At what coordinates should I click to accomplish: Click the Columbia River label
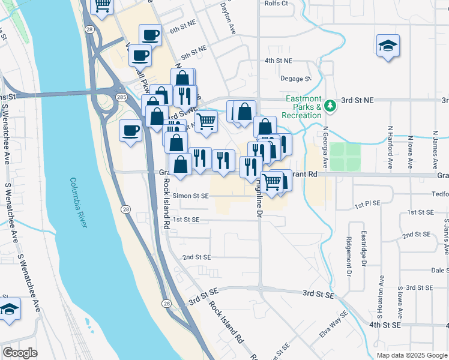coord(79,203)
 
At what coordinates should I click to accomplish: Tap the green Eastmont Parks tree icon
coord(329,106)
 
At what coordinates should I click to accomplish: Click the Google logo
coord(20,353)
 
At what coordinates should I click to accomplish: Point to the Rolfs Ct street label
coord(276,3)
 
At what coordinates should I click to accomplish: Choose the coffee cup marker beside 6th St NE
coord(150,35)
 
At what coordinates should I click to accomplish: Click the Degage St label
coord(296,79)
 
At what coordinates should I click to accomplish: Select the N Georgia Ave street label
coord(325,147)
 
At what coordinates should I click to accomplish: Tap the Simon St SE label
coord(191,196)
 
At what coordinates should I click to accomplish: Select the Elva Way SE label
coord(334,324)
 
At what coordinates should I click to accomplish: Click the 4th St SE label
coord(385,325)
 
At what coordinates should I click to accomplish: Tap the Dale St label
coord(439,271)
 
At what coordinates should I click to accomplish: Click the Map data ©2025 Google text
coord(411,355)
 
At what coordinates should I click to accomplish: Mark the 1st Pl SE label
coord(367,204)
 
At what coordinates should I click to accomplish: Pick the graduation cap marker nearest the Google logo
coord(10,310)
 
